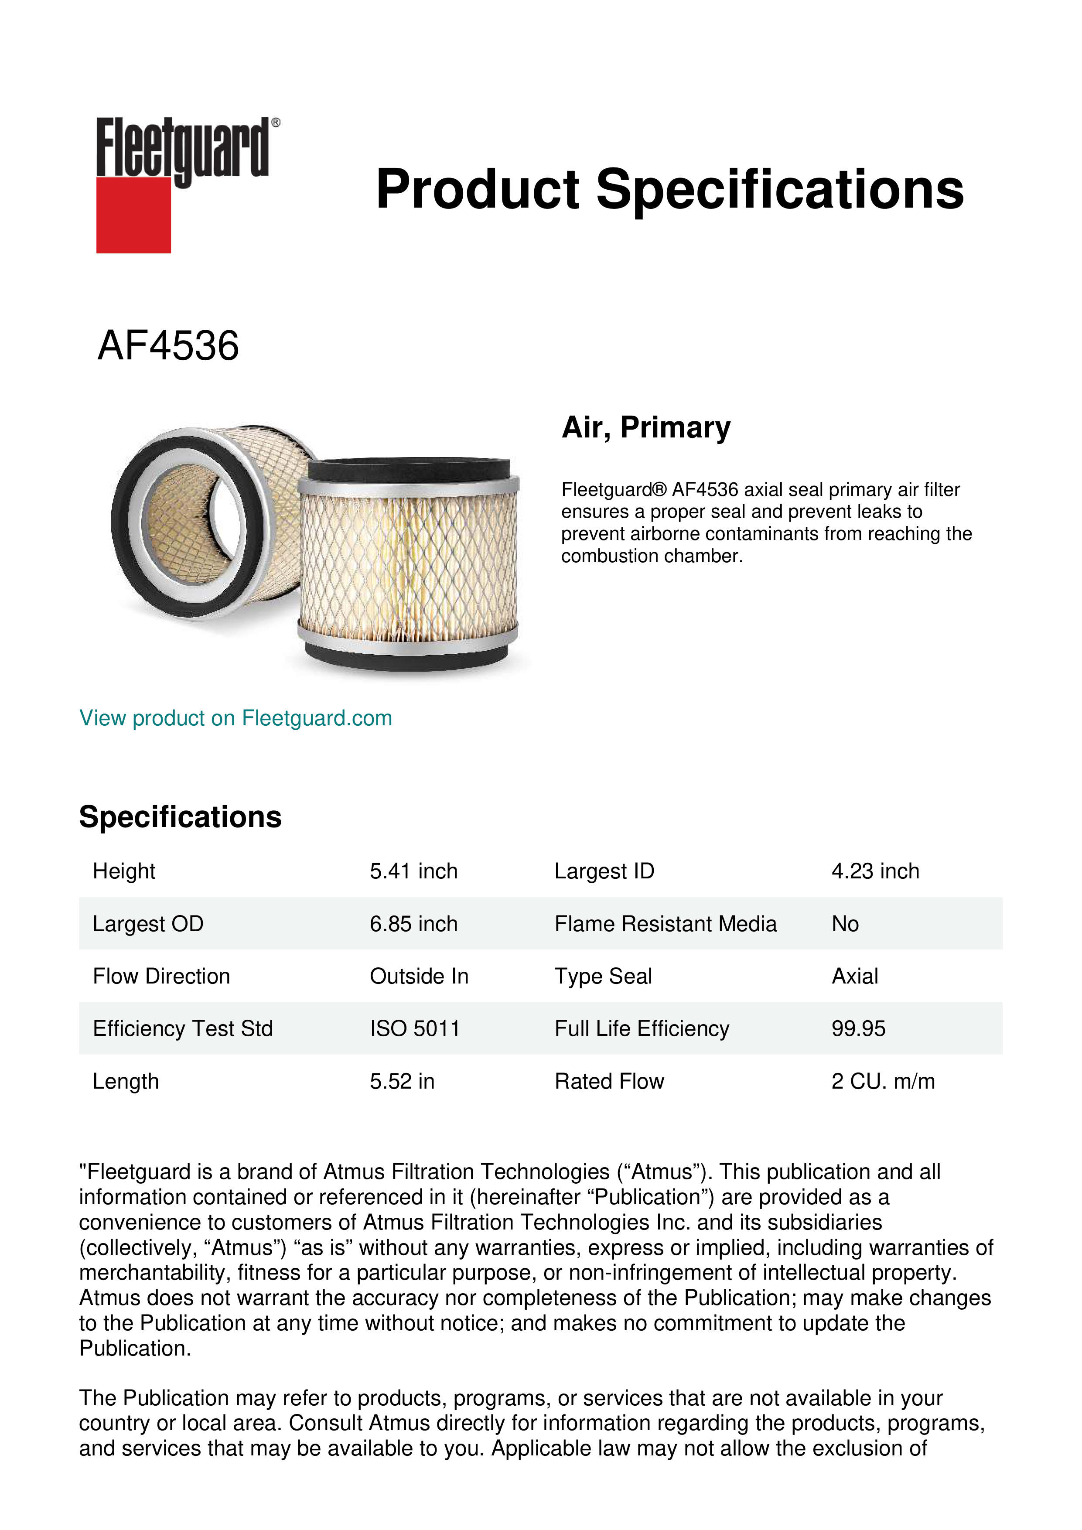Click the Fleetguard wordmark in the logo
tap(183, 148)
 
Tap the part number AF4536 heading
tap(168, 346)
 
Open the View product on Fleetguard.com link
tap(235, 718)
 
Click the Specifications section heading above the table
tap(180, 817)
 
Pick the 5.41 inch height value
tap(413, 871)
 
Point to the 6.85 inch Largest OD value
tap(413, 924)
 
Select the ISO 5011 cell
tap(414, 1029)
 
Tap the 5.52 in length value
tap(402, 1081)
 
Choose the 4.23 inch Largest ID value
tap(875, 871)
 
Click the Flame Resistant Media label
tap(665, 924)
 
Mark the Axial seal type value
tap(854, 976)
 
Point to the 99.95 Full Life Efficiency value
tap(858, 1029)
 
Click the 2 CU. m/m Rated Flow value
tap(883, 1081)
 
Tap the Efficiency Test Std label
tap(183, 1029)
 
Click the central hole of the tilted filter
tap(190, 523)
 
